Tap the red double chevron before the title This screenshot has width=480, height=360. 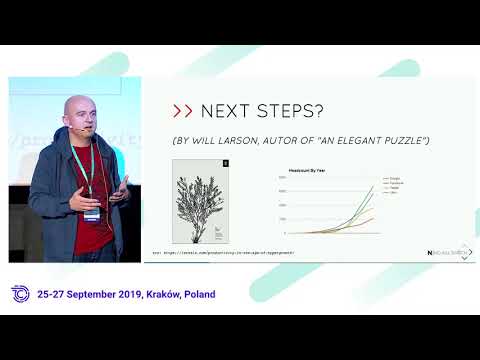tap(183, 110)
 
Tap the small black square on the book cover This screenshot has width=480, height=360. tap(225, 162)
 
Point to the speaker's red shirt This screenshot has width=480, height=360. tap(92, 235)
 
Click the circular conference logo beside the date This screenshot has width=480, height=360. tap(19, 295)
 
